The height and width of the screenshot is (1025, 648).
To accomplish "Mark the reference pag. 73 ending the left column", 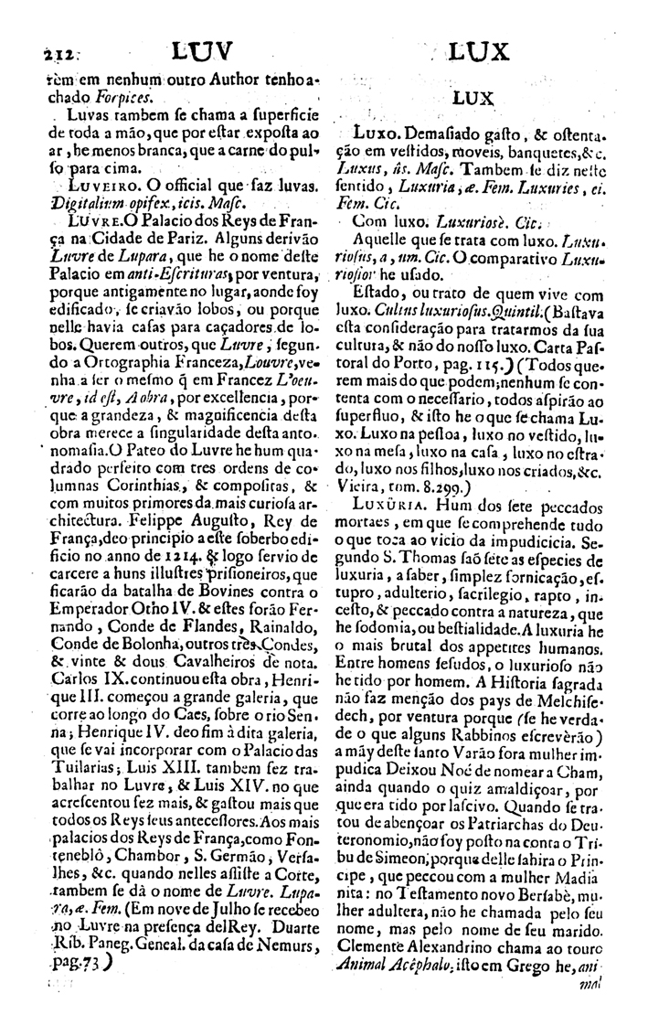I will click(77, 981).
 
